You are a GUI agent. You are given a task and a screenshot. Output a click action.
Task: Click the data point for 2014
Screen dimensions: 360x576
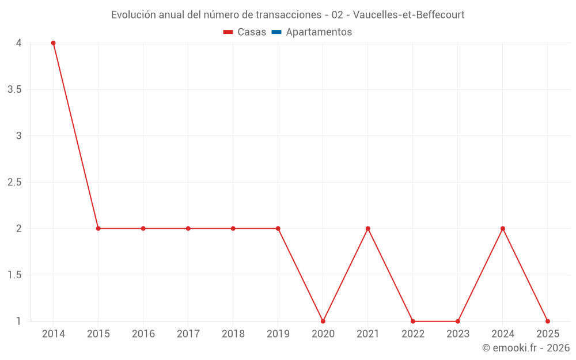53,43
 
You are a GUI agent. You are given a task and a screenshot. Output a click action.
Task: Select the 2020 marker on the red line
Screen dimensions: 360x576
323,321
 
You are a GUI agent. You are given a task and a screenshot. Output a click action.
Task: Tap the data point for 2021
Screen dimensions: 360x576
368,229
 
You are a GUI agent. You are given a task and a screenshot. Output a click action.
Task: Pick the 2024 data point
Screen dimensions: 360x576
503,229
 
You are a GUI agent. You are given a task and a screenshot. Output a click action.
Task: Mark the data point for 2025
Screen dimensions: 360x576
548,321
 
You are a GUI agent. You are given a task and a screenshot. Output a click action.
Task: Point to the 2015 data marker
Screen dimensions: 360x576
98,229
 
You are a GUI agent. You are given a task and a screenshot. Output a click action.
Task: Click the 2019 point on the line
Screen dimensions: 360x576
278,229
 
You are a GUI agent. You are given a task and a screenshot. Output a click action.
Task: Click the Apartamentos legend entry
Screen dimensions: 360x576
319,32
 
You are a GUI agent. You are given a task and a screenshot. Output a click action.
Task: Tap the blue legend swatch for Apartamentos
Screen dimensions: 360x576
276,32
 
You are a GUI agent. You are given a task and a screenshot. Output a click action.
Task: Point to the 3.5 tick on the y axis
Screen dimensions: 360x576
14,89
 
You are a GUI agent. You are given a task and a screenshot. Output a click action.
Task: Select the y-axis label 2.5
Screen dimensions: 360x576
14,182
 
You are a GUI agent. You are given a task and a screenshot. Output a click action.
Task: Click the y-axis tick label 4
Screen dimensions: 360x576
19,43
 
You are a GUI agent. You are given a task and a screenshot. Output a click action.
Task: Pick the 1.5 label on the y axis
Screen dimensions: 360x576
14,275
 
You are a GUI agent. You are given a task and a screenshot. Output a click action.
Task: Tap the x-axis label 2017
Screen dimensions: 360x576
188,334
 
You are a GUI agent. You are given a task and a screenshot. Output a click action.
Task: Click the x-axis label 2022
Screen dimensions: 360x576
413,334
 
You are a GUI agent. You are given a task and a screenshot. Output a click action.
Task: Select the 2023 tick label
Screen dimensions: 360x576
458,334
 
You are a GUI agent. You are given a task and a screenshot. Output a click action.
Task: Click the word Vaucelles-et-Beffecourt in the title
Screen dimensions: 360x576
410,15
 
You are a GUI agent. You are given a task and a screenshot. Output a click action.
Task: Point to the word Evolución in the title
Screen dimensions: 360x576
134,15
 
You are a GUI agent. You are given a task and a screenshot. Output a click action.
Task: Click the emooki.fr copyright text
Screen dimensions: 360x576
526,348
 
